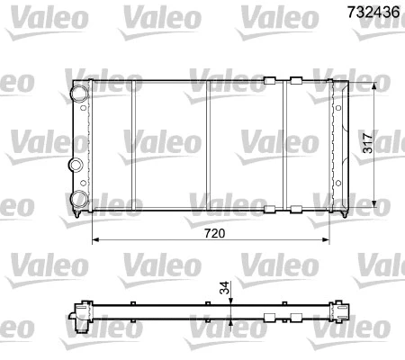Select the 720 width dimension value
tap(213, 232)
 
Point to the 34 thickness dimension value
tap(224, 289)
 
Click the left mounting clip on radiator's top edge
tap(268, 80)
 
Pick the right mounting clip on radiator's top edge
tap(294, 80)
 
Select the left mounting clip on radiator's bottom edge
tap(268, 210)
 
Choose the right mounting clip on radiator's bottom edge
tap(294, 210)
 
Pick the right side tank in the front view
tap(338, 146)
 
